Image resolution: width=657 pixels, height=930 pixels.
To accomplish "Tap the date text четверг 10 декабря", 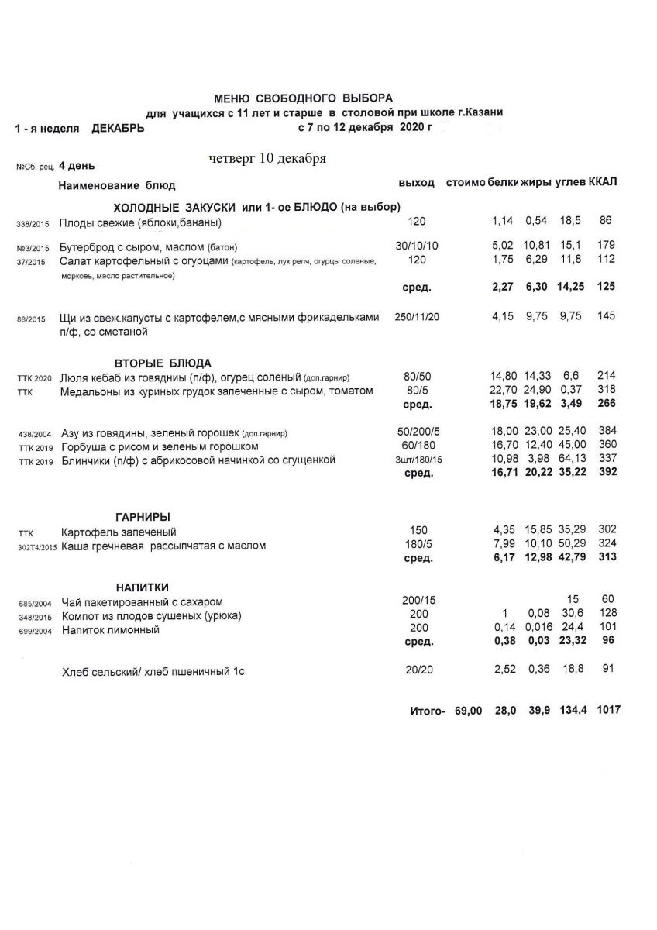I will click(x=267, y=158).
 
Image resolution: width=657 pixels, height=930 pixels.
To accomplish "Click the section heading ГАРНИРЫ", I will click(x=137, y=517).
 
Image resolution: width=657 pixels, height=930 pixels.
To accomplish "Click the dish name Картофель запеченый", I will click(x=119, y=532).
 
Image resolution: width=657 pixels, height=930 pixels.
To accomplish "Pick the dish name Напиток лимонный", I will click(x=111, y=630).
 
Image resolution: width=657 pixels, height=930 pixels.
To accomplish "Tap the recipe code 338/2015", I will click(x=33, y=225).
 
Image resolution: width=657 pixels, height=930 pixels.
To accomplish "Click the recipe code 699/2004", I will click(x=33, y=632).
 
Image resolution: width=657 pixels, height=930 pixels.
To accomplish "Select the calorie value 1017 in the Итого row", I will click(x=608, y=710).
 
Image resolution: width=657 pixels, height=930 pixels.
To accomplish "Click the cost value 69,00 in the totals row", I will click(x=469, y=710).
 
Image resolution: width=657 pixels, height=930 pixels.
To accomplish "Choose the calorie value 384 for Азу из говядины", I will click(x=606, y=432).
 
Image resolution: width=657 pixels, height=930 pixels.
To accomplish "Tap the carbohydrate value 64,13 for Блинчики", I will click(x=569, y=460).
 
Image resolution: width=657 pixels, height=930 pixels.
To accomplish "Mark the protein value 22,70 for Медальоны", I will click(x=504, y=391).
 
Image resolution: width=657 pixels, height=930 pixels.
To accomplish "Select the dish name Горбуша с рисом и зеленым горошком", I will click(x=160, y=446).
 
